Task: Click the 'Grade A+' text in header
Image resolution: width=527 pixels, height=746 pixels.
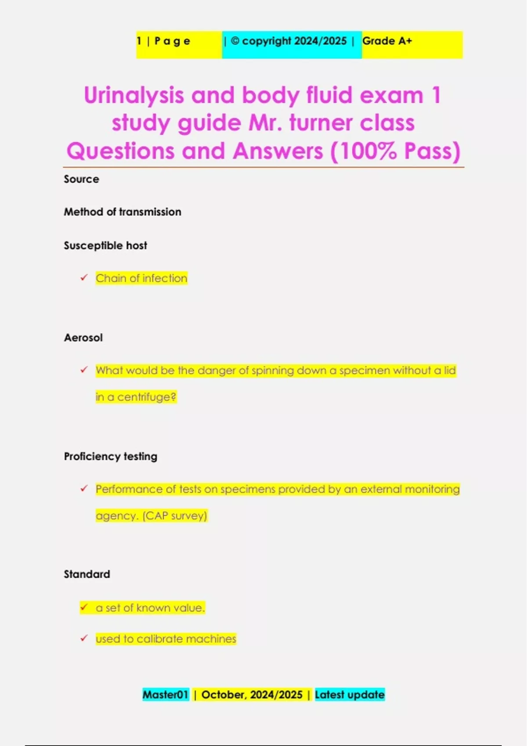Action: click(387, 41)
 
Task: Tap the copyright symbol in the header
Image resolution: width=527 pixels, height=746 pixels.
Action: click(235, 41)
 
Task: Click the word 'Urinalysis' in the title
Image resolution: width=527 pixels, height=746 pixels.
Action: click(134, 95)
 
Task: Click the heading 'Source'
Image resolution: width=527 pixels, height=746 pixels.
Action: click(81, 179)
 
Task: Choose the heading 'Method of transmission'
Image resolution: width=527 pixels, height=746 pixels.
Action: click(123, 212)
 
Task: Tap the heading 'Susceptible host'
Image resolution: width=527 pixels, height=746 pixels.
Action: click(105, 245)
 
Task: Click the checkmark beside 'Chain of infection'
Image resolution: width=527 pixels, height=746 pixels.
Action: click(84, 278)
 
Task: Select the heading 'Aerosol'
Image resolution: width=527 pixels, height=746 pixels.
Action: click(83, 337)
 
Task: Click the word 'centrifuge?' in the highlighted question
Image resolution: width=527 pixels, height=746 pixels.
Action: click(147, 397)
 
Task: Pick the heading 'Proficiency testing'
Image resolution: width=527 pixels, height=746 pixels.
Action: click(110, 456)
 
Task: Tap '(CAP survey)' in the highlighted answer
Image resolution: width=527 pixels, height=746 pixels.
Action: click(175, 516)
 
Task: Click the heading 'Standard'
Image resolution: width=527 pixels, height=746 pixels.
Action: click(87, 574)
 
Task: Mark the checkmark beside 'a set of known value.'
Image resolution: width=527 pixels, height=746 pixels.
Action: click(84, 607)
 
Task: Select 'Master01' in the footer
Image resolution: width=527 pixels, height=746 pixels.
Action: click(165, 695)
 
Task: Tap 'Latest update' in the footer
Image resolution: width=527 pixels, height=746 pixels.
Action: click(350, 695)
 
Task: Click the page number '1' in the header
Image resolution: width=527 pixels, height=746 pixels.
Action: click(139, 41)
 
